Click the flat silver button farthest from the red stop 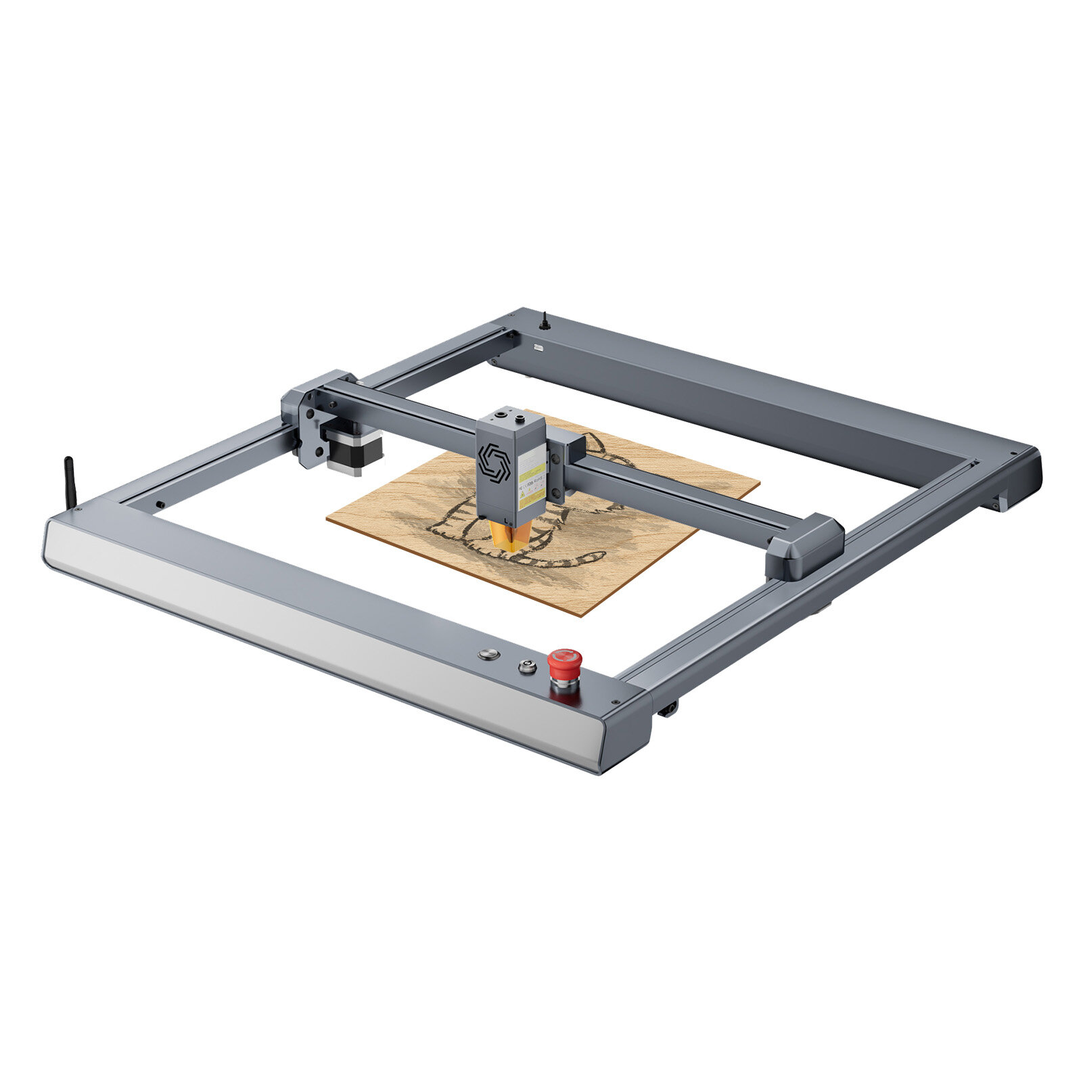(x=488, y=654)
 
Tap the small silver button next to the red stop (x=526, y=666)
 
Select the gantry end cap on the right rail (x=805, y=547)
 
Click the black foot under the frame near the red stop (x=668, y=708)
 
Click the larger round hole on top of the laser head (x=501, y=413)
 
